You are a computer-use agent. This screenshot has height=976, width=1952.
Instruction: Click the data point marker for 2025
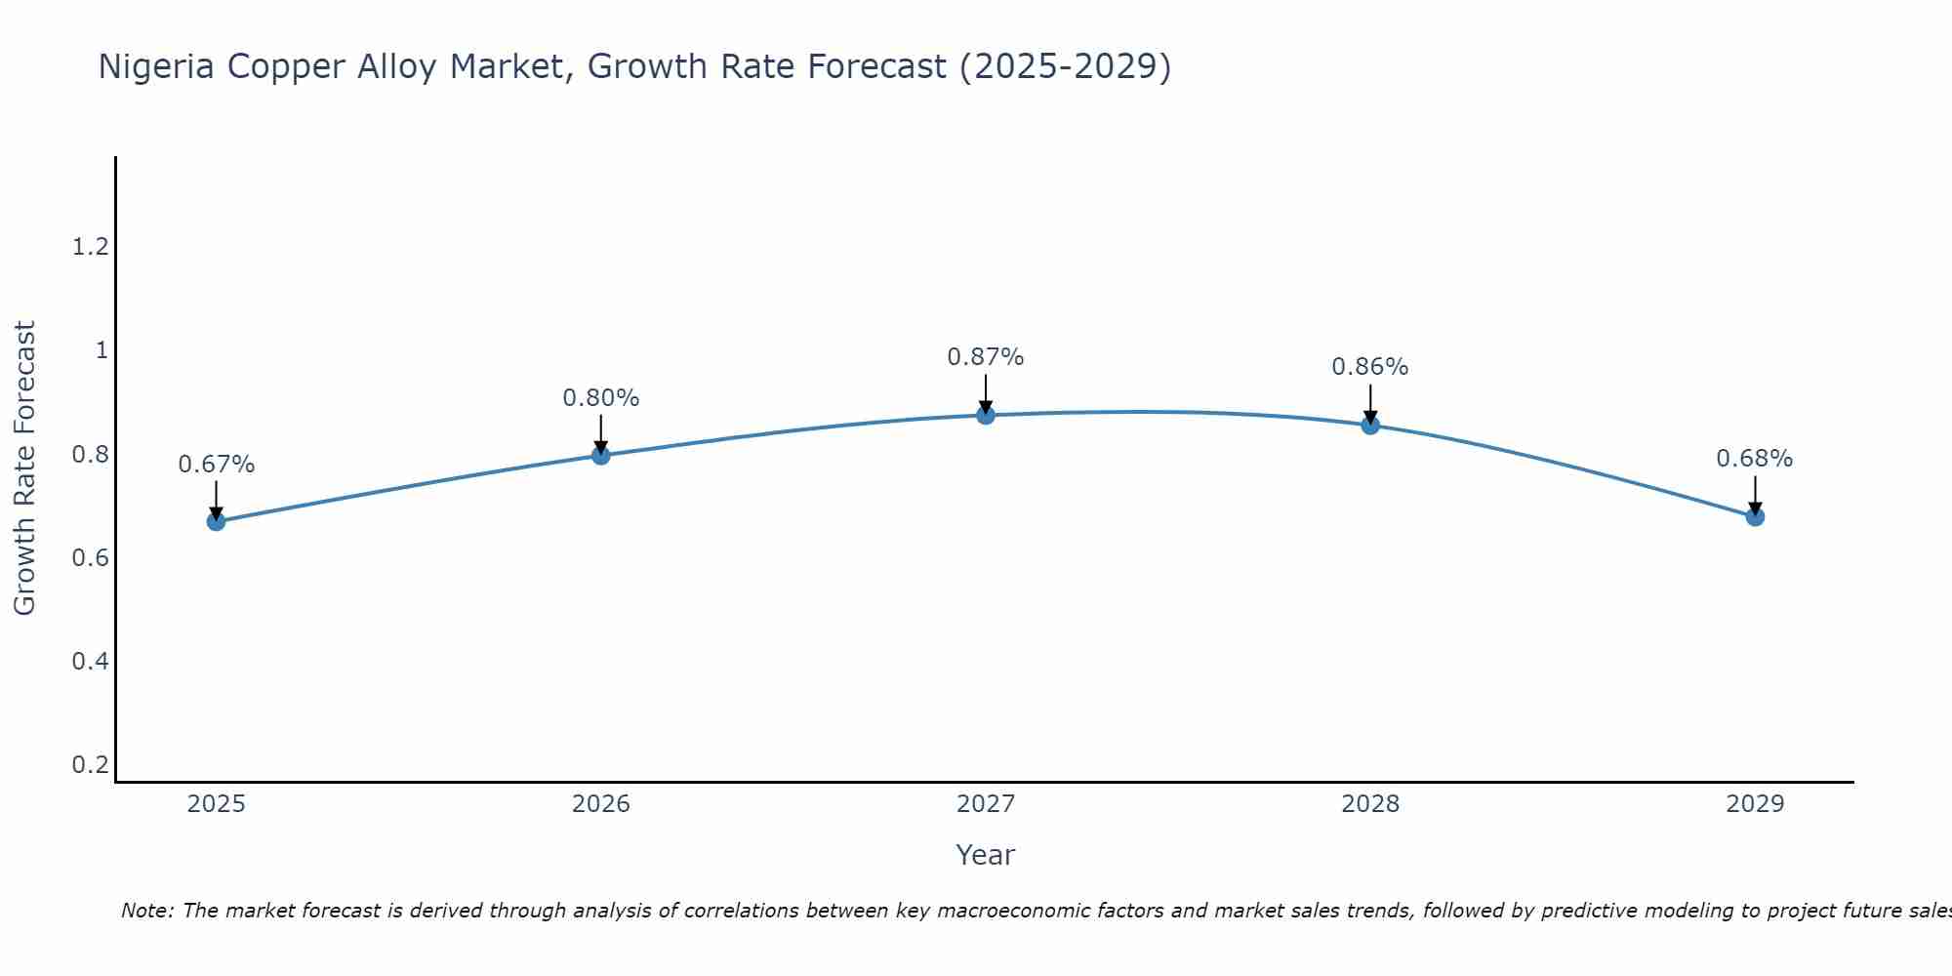click(216, 521)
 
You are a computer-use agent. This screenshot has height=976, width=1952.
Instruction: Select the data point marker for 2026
click(600, 455)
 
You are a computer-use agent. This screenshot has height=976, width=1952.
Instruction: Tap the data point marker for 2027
click(986, 415)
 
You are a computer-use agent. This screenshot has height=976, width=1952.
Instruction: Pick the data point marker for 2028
click(1370, 425)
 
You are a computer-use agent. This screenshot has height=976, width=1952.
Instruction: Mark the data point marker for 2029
click(1755, 516)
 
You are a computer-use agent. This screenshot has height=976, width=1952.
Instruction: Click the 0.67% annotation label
click(216, 465)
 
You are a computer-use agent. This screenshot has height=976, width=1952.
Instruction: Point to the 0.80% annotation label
click(600, 398)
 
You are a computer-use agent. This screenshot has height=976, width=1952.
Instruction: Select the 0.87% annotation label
click(986, 357)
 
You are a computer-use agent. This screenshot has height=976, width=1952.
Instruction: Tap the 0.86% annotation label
click(1370, 367)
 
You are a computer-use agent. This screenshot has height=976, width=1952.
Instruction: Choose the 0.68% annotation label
click(1755, 459)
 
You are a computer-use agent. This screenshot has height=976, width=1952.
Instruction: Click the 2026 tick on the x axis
click(600, 804)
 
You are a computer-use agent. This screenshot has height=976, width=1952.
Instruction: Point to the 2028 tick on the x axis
click(1370, 804)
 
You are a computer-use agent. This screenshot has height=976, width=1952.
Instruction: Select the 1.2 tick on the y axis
click(90, 247)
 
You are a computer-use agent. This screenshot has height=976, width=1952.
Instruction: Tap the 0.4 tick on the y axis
click(90, 662)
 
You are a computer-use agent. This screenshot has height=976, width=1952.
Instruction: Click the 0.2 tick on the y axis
click(90, 764)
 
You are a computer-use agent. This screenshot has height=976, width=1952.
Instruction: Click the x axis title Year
click(986, 855)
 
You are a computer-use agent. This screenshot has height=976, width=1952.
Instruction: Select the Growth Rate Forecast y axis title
click(24, 468)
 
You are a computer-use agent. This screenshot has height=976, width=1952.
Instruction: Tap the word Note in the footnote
click(146, 911)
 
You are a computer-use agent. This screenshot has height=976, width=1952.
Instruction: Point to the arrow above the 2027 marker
click(986, 392)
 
